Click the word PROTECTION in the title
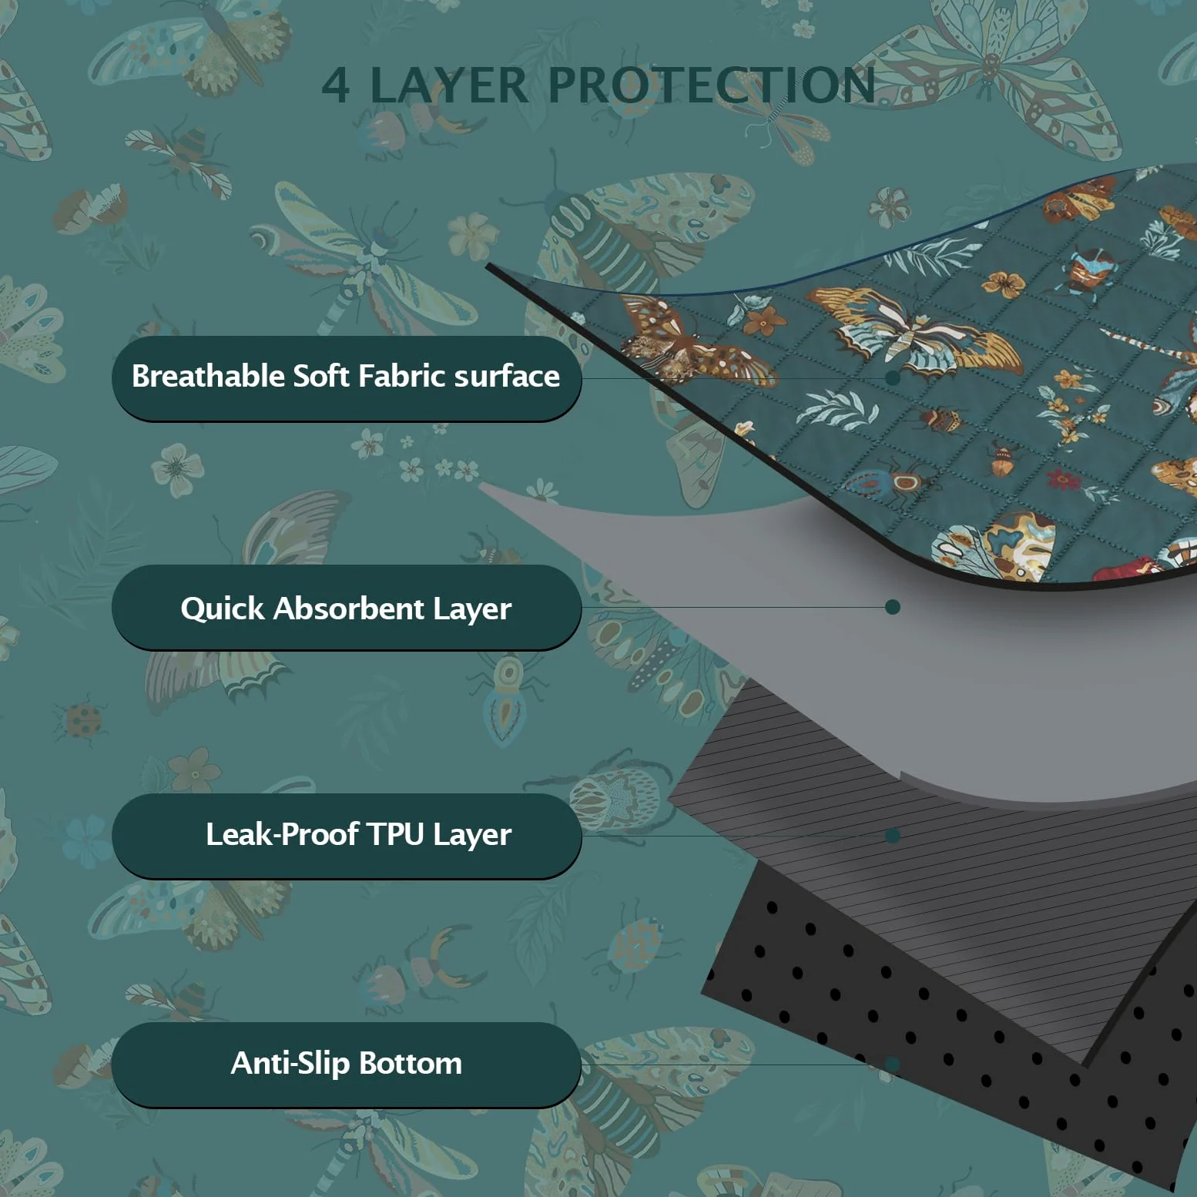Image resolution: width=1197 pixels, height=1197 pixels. [x=712, y=85]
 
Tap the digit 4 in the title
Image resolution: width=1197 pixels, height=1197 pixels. [x=335, y=85]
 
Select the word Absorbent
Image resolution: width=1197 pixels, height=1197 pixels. [x=349, y=609]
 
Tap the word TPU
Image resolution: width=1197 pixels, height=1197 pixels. [x=395, y=834]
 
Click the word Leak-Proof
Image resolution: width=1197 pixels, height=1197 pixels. [x=282, y=835]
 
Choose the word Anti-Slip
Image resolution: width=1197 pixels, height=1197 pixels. [x=290, y=1064]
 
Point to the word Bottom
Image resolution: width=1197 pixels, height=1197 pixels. [x=411, y=1063]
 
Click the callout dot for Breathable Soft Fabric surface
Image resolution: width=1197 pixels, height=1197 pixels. [x=893, y=377]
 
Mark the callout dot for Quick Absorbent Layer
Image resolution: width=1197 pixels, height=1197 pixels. [x=893, y=607]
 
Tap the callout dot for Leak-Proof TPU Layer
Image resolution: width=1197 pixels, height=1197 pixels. [x=893, y=836]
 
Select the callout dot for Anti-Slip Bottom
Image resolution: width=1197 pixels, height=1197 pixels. [x=893, y=1065]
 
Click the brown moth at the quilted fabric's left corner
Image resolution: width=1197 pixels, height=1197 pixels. [x=686, y=343]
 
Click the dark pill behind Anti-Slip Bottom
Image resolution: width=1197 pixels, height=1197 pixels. [x=346, y=1065]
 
